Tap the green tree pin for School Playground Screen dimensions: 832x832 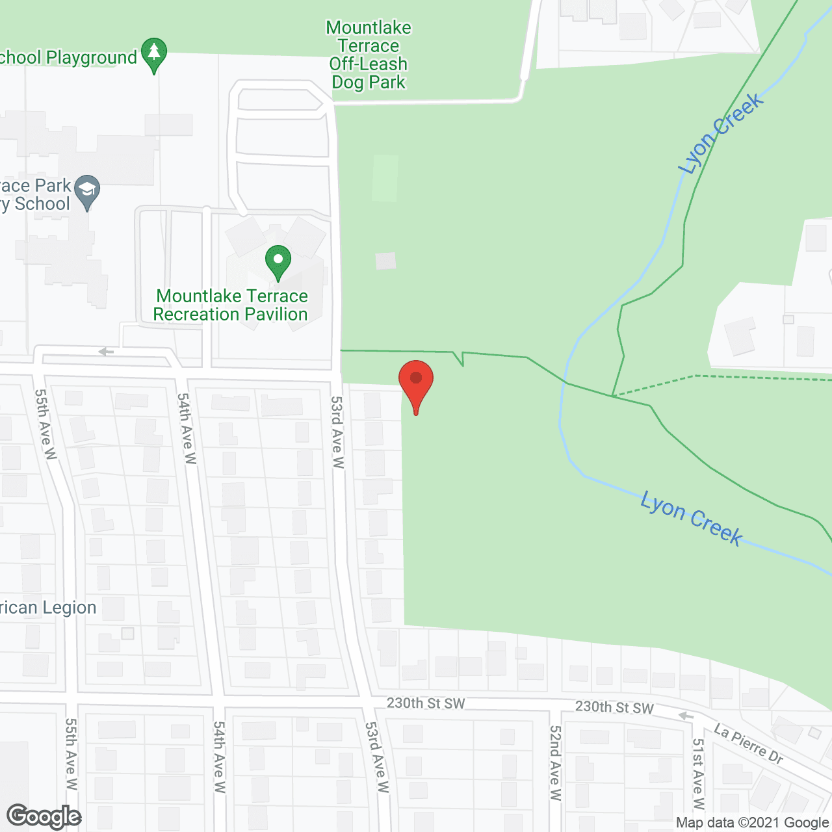pos(154,53)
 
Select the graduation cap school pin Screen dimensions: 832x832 pos(87,191)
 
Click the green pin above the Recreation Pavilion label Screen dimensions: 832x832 pos(278,261)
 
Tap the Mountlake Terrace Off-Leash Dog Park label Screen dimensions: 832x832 pos(369,55)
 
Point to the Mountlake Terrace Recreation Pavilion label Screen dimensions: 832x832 pos(231,305)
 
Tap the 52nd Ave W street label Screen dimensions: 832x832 pos(555,762)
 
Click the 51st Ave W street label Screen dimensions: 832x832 pos(698,773)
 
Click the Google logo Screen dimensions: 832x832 pos(44,816)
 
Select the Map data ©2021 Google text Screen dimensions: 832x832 pos(752,823)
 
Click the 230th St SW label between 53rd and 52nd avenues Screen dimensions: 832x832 pos(426,703)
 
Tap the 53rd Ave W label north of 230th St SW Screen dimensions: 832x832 pos(337,432)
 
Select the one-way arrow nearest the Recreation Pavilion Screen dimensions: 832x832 pos(106,352)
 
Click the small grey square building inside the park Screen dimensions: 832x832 pos(385,261)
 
